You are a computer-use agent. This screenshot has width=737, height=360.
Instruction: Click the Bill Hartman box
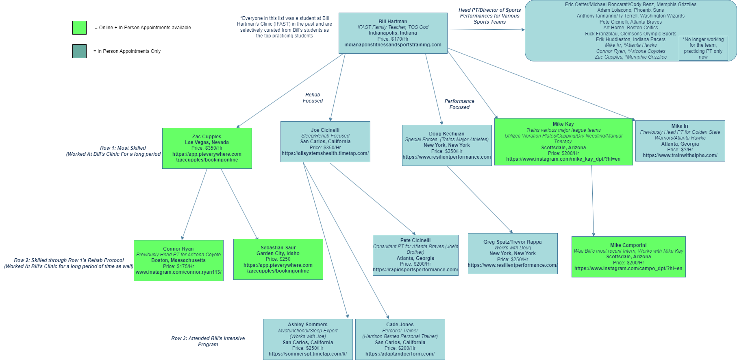pyautogui.click(x=393, y=33)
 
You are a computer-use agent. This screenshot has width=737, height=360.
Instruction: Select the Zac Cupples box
pyautogui.click(x=207, y=148)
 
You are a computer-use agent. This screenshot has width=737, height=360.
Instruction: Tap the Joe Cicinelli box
pyautogui.click(x=325, y=142)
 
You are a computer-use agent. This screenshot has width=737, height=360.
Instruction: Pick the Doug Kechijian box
pyautogui.click(x=447, y=145)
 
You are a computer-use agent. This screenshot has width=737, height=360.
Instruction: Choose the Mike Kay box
pyautogui.click(x=563, y=142)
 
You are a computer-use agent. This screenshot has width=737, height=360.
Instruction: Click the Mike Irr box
pyautogui.click(x=680, y=141)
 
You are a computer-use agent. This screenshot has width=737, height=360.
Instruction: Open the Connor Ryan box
pyautogui.click(x=178, y=260)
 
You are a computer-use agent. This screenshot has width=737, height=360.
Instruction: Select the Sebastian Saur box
pyautogui.click(x=278, y=259)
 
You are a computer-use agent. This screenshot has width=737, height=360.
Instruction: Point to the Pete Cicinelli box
pyautogui.click(x=415, y=255)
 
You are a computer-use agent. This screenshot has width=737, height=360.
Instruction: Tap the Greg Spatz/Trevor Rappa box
pyautogui.click(x=513, y=253)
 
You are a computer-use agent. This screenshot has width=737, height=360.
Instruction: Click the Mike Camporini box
pyautogui.click(x=628, y=257)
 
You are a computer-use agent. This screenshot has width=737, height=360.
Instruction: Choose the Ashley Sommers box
pyautogui.click(x=308, y=339)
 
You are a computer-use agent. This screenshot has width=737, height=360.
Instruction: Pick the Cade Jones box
pyautogui.click(x=400, y=339)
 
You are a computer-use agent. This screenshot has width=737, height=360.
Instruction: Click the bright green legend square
pyautogui.click(x=79, y=28)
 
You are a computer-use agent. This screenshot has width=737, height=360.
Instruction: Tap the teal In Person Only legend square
pyautogui.click(x=79, y=51)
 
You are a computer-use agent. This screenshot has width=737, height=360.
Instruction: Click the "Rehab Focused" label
pyautogui.click(x=313, y=98)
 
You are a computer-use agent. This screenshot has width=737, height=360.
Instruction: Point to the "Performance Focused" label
pyautogui.click(x=459, y=104)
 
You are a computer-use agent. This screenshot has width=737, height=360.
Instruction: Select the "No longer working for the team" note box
pyautogui.click(x=703, y=48)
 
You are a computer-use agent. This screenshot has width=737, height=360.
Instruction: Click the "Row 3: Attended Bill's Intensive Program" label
pyautogui.click(x=208, y=341)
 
